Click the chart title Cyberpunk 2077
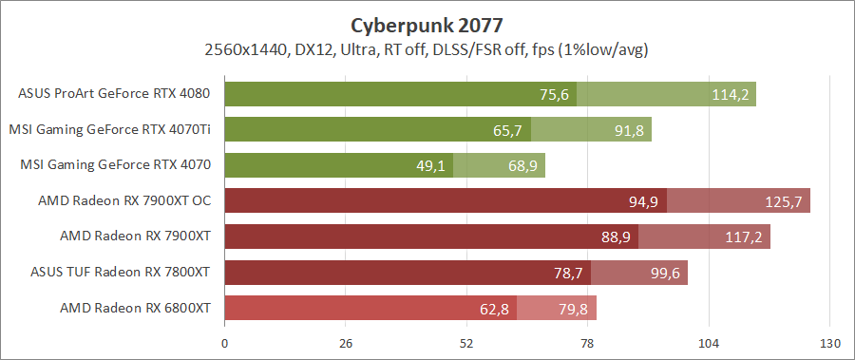[427, 24]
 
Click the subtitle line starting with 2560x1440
[427, 48]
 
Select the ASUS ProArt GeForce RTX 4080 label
[114, 94]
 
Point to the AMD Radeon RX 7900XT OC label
[123, 200]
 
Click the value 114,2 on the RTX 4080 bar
[730, 95]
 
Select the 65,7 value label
[508, 130]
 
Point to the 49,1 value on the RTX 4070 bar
[431, 166]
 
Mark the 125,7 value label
[783, 201]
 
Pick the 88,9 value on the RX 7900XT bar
[616, 237]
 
